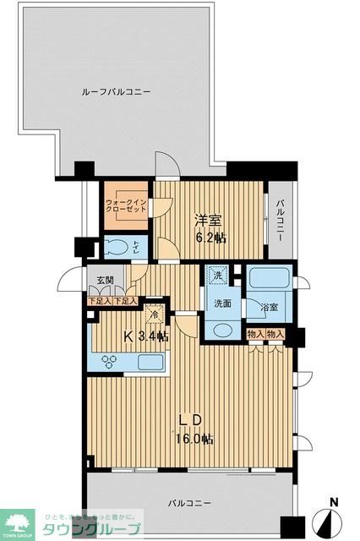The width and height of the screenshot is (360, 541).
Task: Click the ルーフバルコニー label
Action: (116, 91)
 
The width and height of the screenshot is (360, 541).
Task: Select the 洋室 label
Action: (210, 221)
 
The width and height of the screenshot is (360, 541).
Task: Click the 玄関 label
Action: (104, 281)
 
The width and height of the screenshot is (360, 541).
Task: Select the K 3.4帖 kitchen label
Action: (146, 336)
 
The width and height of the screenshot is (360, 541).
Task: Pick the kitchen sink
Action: (151, 363)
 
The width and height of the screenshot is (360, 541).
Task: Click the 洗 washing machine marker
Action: (217, 276)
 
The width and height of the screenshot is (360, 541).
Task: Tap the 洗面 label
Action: (222, 304)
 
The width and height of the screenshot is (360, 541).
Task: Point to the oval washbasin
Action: (223, 331)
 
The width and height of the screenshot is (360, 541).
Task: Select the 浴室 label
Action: (270, 309)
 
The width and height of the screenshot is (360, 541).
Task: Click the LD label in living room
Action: (194, 420)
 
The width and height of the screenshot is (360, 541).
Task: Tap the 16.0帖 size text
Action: (194, 440)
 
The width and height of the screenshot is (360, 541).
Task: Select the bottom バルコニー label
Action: (188, 504)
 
